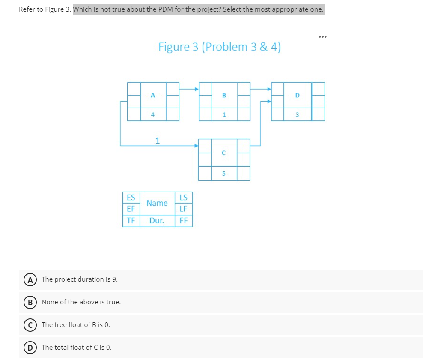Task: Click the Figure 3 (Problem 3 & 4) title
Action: (x=219, y=47)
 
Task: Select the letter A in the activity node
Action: (x=153, y=95)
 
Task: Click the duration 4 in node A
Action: (x=153, y=114)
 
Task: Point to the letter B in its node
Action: (x=224, y=95)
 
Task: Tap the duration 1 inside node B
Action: (x=224, y=114)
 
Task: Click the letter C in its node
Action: (x=224, y=153)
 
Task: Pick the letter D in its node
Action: (x=298, y=95)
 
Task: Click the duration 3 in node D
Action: (x=298, y=114)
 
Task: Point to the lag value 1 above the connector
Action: (x=158, y=141)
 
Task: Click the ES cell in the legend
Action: (x=131, y=198)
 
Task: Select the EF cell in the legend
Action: (x=131, y=209)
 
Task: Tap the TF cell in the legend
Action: (x=131, y=221)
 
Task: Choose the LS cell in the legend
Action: (x=184, y=198)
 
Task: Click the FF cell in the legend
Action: (x=184, y=221)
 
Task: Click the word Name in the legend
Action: (x=157, y=203)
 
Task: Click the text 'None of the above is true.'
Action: (x=81, y=302)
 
